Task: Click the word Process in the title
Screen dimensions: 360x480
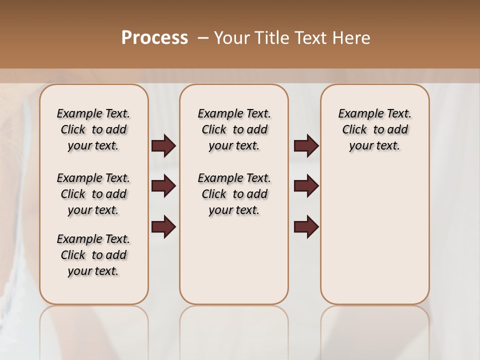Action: pyautogui.click(x=154, y=37)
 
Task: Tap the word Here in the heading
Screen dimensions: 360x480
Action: pyautogui.click(x=352, y=38)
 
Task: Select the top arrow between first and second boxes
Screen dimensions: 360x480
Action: pyautogui.click(x=164, y=146)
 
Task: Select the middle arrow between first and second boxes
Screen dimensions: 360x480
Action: pyautogui.click(x=164, y=186)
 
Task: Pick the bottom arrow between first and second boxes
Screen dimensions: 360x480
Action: pyautogui.click(x=164, y=226)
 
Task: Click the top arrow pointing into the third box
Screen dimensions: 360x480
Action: pyautogui.click(x=306, y=146)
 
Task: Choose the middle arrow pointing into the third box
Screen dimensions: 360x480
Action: pyautogui.click(x=306, y=186)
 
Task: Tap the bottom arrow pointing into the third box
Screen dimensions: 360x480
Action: pyautogui.click(x=306, y=226)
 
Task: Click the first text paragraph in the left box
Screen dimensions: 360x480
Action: pyautogui.click(x=93, y=129)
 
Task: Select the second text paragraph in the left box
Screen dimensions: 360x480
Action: pyautogui.click(x=93, y=194)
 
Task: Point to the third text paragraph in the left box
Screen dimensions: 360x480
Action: pyautogui.click(x=93, y=255)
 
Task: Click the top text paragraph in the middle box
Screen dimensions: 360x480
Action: pyautogui.click(x=234, y=129)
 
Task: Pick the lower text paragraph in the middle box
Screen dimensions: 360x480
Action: pyautogui.click(x=234, y=194)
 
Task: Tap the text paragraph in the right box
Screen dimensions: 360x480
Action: pyautogui.click(x=375, y=129)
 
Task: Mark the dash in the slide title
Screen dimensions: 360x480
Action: pyautogui.click(x=202, y=38)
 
